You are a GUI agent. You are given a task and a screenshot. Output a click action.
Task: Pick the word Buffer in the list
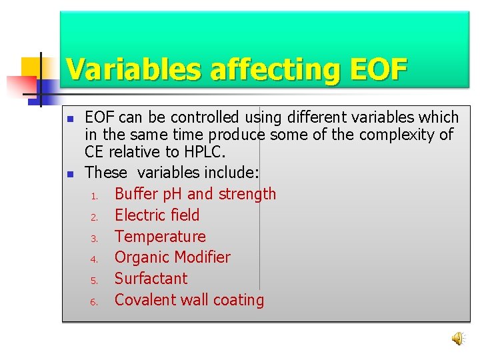pos(139,194)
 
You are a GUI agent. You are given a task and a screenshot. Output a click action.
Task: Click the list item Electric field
pos(157,215)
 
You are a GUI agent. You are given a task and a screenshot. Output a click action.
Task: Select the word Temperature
pos(160,237)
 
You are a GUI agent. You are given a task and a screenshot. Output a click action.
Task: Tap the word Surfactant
pos(151,279)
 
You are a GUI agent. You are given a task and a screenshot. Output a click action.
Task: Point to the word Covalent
pos(145,300)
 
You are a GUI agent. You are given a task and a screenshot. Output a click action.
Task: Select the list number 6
pos(95,302)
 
